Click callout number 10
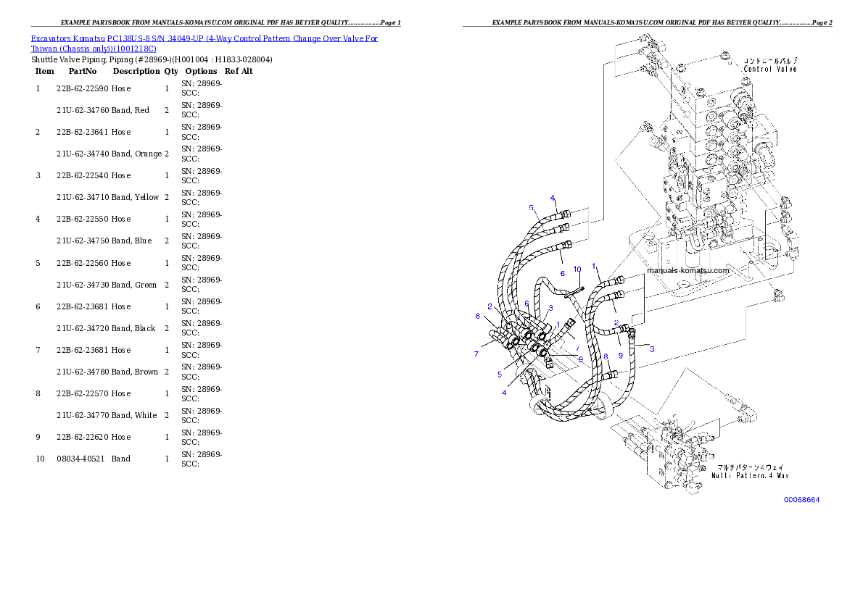point(577,270)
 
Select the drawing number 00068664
point(801,500)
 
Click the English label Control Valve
point(770,70)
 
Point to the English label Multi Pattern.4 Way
point(749,476)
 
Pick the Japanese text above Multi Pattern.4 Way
point(749,467)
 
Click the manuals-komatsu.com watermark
point(687,271)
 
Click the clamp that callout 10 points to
point(573,290)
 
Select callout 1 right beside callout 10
point(594,267)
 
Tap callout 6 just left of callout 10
point(562,273)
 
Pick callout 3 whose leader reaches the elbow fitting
point(651,349)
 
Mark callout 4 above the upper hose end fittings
point(553,198)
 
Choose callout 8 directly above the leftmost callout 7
point(477,316)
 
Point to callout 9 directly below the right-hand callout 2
point(620,355)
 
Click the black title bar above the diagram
point(647,26)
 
